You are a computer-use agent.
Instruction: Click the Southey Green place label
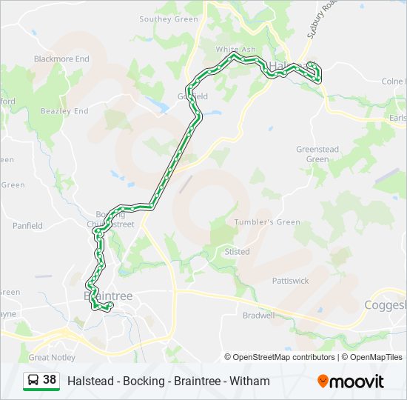click(169, 19)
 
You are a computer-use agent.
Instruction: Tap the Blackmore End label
click(61, 59)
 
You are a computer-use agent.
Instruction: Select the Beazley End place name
click(64, 111)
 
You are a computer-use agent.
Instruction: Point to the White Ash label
click(235, 50)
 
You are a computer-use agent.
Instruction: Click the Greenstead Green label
click(317, 154)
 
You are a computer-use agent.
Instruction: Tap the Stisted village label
click(237, 252)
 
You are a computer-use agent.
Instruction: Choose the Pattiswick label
click(290, 281)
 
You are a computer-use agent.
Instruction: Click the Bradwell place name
click(258, 315)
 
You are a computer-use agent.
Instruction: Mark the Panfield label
click(27, 226)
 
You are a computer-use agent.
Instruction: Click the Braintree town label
click(108, 296)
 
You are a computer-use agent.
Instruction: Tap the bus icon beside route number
click(34, 381)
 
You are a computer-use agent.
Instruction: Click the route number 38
click(50, 380)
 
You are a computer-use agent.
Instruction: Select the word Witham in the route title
click(250, 381)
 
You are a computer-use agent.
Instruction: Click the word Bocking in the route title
click(140, 381)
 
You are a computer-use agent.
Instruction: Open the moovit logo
click(351, 381)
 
